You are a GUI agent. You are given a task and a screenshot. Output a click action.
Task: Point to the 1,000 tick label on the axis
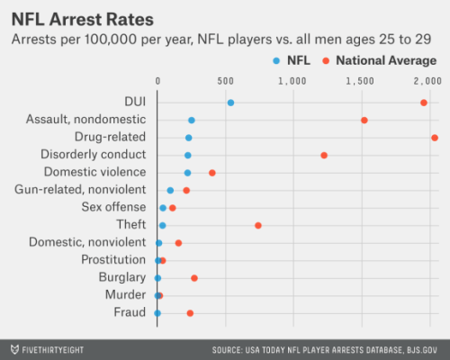tap(293, 82)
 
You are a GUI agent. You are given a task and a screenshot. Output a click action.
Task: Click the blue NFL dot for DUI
tap(230, 103)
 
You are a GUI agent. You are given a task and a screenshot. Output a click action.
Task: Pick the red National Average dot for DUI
tap(424, 103)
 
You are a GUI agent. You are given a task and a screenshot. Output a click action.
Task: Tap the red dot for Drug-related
tap(435, 138)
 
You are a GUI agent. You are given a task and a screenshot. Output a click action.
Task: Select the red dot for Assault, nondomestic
tap(364, 120)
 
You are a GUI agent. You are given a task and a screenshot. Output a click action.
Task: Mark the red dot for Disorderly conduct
tap(324, 155)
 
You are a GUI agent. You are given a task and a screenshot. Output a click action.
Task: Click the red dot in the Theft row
tap(258, 225)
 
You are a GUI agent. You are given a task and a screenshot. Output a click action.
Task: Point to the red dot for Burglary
tap(194, 278)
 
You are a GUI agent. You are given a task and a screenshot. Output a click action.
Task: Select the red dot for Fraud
tap(190, 313)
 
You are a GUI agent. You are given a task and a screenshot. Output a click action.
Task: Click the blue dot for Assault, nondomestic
tap(192, 120)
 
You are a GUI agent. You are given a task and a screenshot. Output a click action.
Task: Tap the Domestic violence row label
tap(94, 172)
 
